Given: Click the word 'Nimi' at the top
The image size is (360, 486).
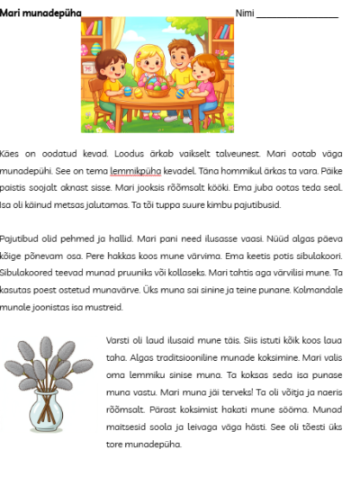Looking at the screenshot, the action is coord(244,12).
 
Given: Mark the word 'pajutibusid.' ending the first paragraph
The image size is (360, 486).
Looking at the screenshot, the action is coord(256,204).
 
